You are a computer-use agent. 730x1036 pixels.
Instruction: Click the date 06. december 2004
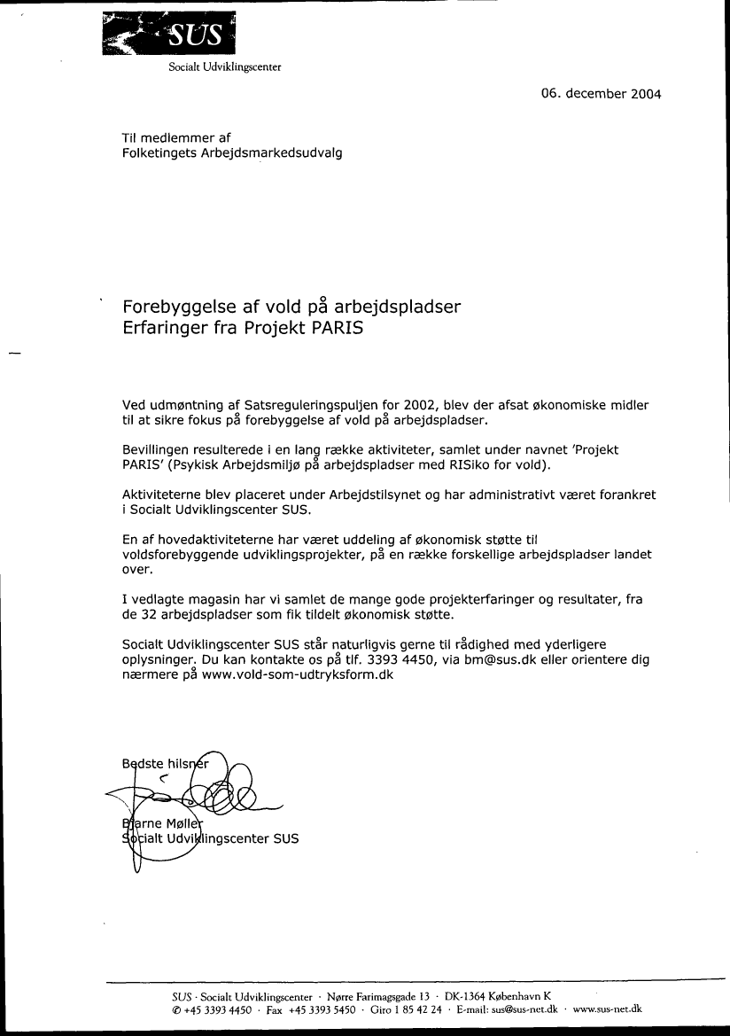click(x=601, y=94)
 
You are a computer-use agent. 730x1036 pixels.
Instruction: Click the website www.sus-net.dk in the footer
click(x=608, y=1009)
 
